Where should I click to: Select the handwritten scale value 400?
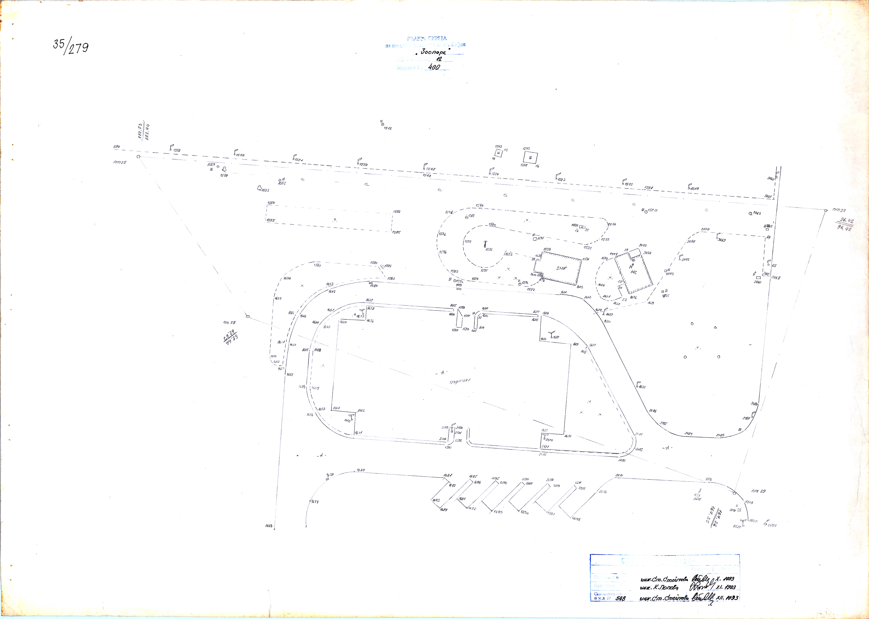(434, 67)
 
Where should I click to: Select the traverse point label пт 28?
(229, 323)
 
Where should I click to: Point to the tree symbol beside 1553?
(260, 188)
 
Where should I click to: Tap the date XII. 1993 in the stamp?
(727, 598)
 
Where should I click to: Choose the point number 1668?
(269, 526)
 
